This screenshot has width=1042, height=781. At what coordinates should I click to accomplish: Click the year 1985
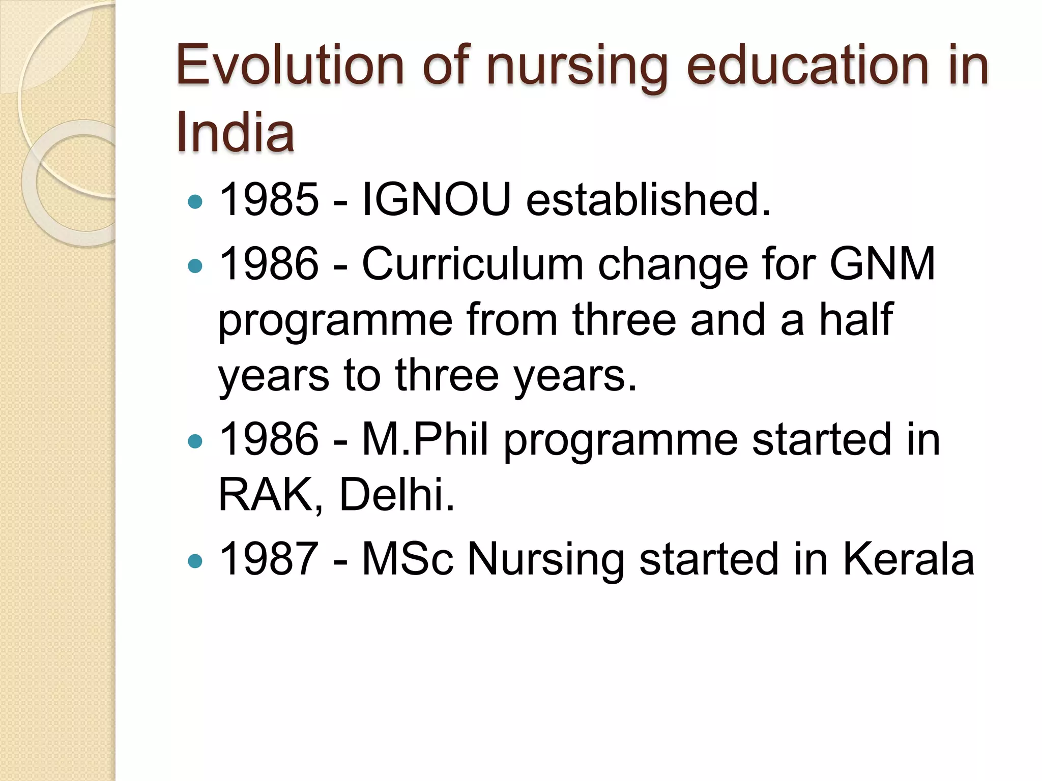(x=269, y=199)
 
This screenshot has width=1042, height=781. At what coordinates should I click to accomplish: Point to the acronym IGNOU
(x=436, y=199)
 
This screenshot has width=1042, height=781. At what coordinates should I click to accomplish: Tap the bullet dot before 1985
(x=195, y=202)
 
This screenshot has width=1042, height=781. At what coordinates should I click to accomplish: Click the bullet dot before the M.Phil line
(x=195, y=441)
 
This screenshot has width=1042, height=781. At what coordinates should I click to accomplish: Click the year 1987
(x=269, y=559)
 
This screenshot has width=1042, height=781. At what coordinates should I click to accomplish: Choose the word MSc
(x=407, y=559)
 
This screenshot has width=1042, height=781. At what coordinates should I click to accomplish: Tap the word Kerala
(x=908, y=559)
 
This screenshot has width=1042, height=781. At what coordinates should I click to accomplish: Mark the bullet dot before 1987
(x=195, y=561)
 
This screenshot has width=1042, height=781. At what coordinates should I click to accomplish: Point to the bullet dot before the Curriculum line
(x=195, y=266)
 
